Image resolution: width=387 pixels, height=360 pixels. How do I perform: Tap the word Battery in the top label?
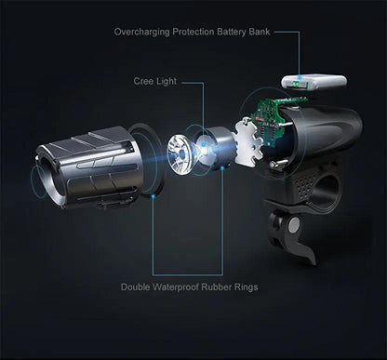[x=231, y=32]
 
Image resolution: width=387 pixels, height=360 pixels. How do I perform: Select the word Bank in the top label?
[x=260, y=32]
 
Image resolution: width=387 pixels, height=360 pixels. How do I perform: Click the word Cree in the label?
[x=143, y=81]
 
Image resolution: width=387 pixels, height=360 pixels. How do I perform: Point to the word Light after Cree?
[x=166, y=82]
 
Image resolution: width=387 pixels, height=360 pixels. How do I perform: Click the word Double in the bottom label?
[x=136, y=287]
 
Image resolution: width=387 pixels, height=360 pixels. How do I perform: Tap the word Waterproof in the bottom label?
[x=176, y=287]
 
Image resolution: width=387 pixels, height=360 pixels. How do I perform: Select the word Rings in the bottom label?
[x=246, y=287]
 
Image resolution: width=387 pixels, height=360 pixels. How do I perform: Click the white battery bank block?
[x=314, y=82]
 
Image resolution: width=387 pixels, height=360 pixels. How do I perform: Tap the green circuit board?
[x=272, y=121]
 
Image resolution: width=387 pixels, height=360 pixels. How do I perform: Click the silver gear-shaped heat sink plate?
[x=248, y=141]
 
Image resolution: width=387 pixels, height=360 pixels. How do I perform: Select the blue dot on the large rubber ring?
[x=153, y=196]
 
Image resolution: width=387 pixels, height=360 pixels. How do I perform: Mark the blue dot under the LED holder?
[x=222, y=168]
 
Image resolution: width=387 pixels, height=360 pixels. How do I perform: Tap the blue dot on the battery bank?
[x=300, y=77]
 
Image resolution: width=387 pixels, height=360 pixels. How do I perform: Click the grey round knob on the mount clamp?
[x=293, y=225]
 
